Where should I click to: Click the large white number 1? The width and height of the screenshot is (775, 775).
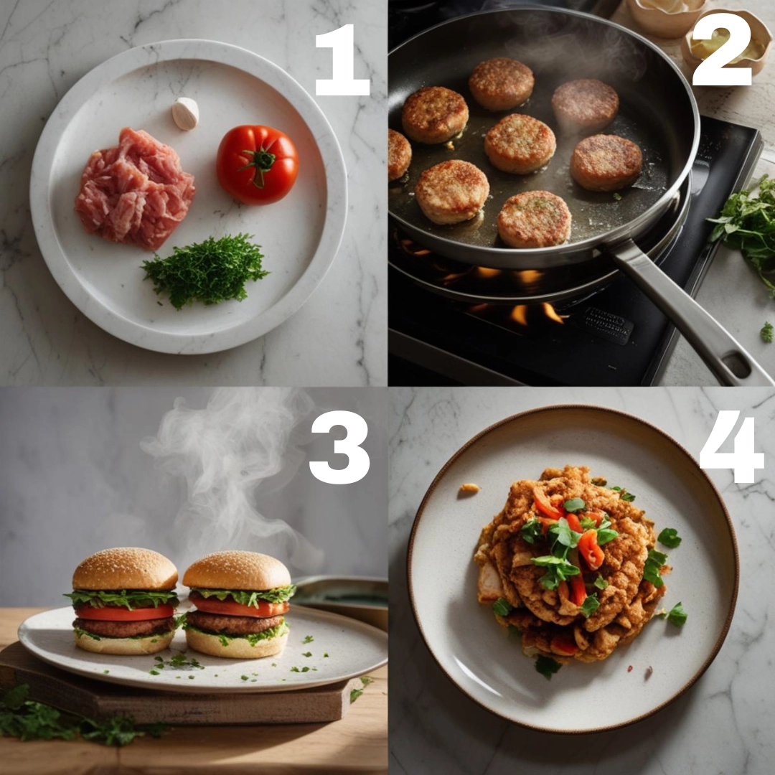coord(343,60)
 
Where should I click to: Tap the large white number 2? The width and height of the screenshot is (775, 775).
coord(722,50)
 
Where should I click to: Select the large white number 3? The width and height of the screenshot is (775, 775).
coord(340,447)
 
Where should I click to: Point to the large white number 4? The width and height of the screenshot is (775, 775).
coord(732,450)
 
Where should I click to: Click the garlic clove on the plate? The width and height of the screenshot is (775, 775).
coord(185,113)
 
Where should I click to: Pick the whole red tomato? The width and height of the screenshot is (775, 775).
coord(258,164)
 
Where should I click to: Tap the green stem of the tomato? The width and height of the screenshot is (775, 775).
coord(259,164)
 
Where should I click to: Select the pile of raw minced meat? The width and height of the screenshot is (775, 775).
coord(134,188)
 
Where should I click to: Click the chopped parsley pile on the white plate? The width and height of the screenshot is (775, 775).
coord(205,270)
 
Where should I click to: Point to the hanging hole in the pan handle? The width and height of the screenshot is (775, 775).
coord(736,364)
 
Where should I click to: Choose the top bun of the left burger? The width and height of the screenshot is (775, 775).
coord(125,569)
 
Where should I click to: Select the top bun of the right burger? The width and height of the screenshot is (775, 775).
coord(237,570)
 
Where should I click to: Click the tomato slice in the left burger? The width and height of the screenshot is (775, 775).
coord(125,613)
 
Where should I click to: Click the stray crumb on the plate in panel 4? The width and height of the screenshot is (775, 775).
coord(469,489)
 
